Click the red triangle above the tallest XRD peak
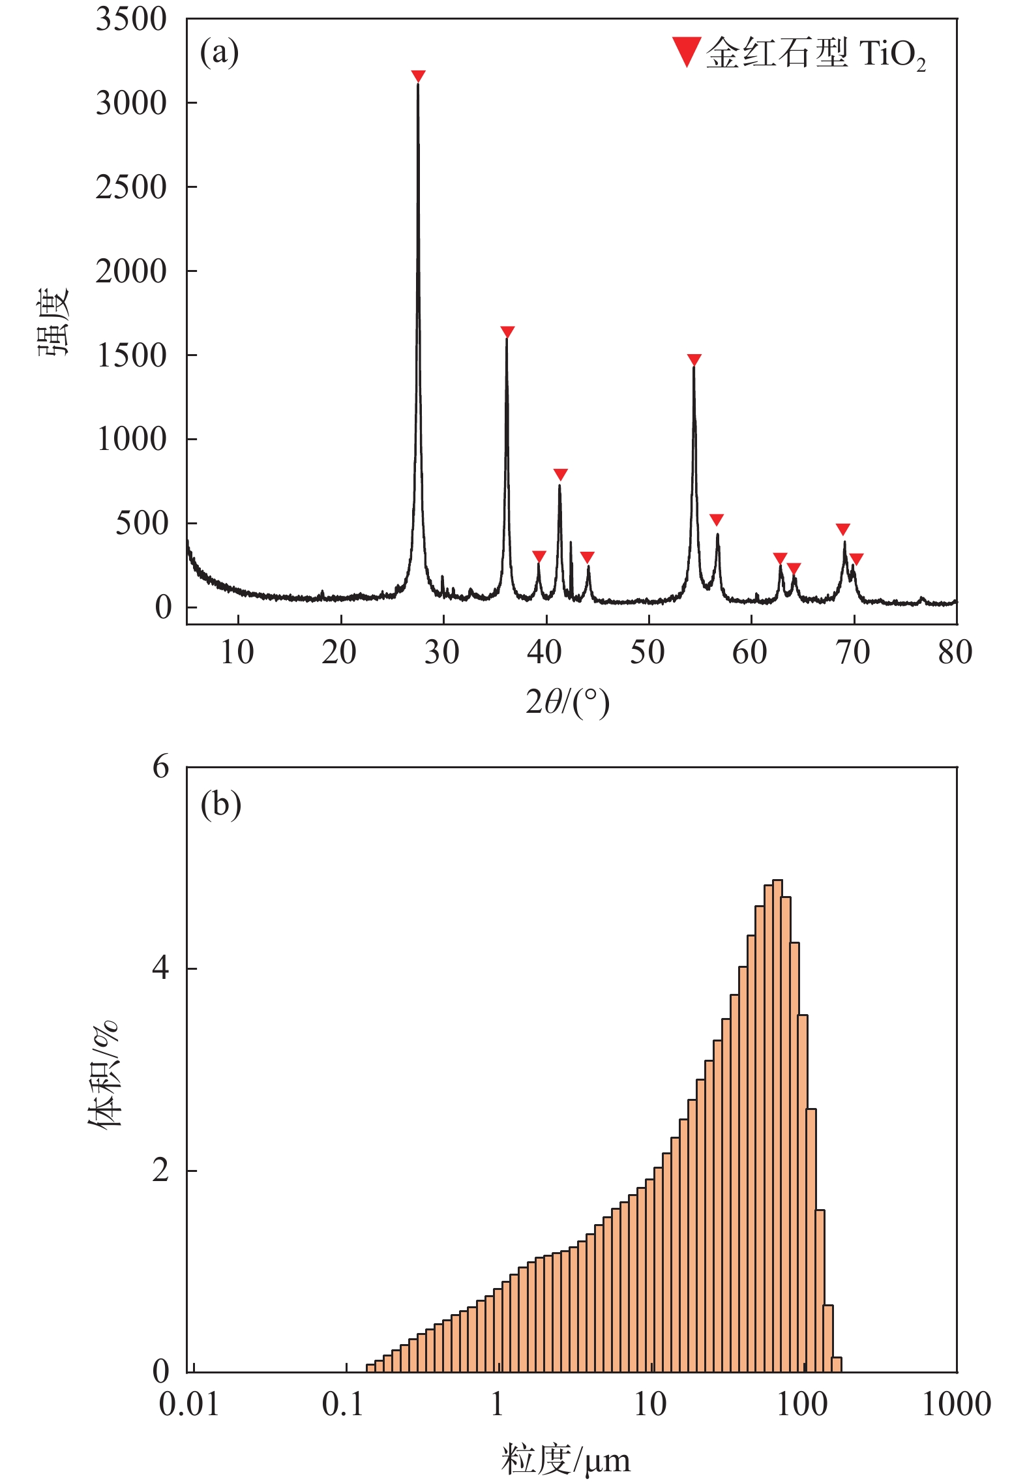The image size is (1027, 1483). coord(418,76)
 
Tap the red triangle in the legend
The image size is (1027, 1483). coord(686,52)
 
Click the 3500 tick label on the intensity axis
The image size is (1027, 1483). coord(132,19)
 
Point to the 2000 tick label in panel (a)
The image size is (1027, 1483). coord(132,271)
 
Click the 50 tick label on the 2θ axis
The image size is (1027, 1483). coord(647,652)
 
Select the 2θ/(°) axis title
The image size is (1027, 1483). coord(567,702)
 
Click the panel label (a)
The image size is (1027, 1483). coord(220,52)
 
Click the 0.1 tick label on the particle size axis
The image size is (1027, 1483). coord(343,1403)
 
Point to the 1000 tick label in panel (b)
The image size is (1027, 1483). coord(956,1403)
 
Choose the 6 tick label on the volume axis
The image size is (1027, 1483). coord(160,767)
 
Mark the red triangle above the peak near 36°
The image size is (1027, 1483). coord(507,331)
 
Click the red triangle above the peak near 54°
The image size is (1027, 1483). coord(694,359)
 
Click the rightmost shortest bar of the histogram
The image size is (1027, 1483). coord(837,1364)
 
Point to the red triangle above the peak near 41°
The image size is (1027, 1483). coord(560,474)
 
